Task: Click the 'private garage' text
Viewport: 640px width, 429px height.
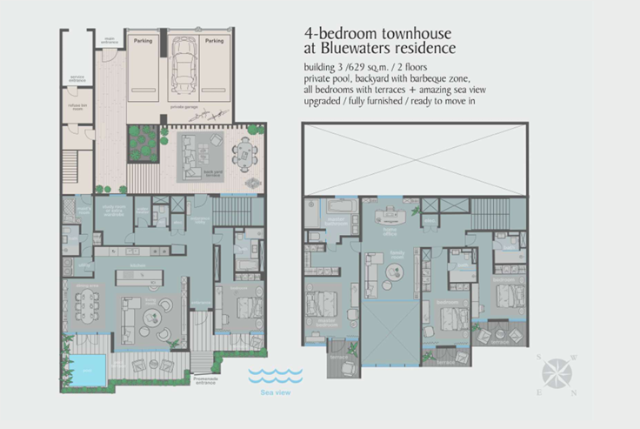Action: [x=184, y=106]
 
